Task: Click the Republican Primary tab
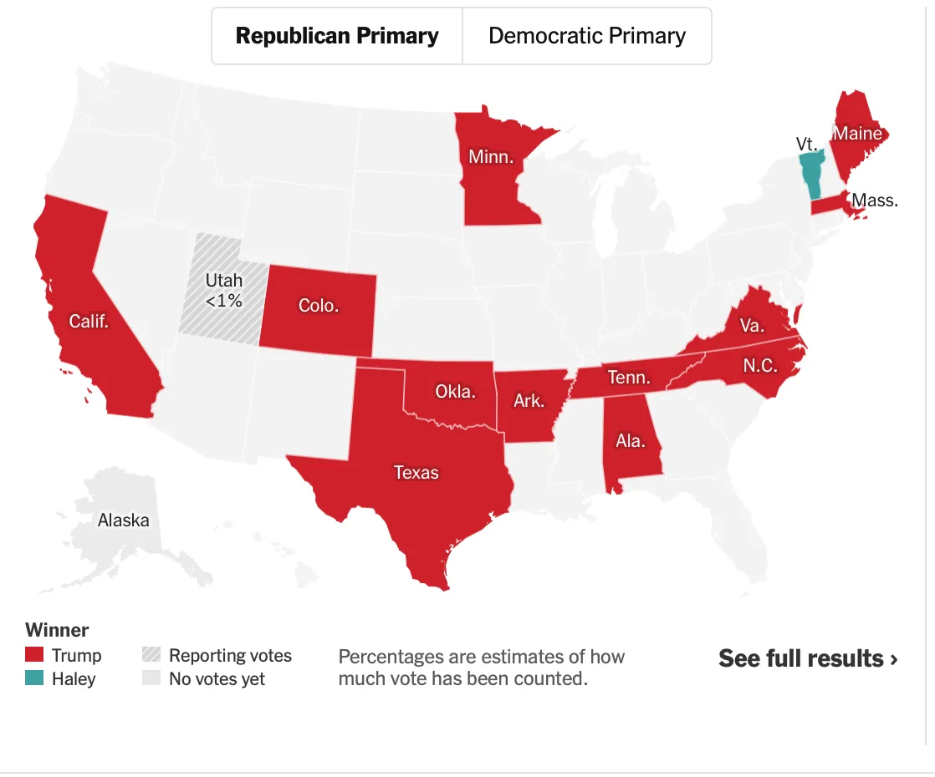tap(337, 36)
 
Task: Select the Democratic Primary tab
tap(586, 36)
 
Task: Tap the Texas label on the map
tap(416, 473)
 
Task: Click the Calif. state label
tap(89, 321)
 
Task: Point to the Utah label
tap(223, 282)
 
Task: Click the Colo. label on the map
tap(319, 306)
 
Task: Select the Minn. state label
tap(491, 157)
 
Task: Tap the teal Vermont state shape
tap(810, 172)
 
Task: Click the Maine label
tap(857, 134)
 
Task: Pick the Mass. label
tap(875, 201)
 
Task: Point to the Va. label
tap(752, 325)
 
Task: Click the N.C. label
tap(760, 365)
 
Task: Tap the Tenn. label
tap(629, 378)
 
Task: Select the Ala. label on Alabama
tap(631, 440)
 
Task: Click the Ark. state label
tap(529, 401)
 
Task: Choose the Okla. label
tap(455, 390)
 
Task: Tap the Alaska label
tap(124, 521)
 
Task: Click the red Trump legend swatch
tap(34, 655)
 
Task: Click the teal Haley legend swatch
tap(34, 678)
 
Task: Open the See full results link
tap(808, 658)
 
